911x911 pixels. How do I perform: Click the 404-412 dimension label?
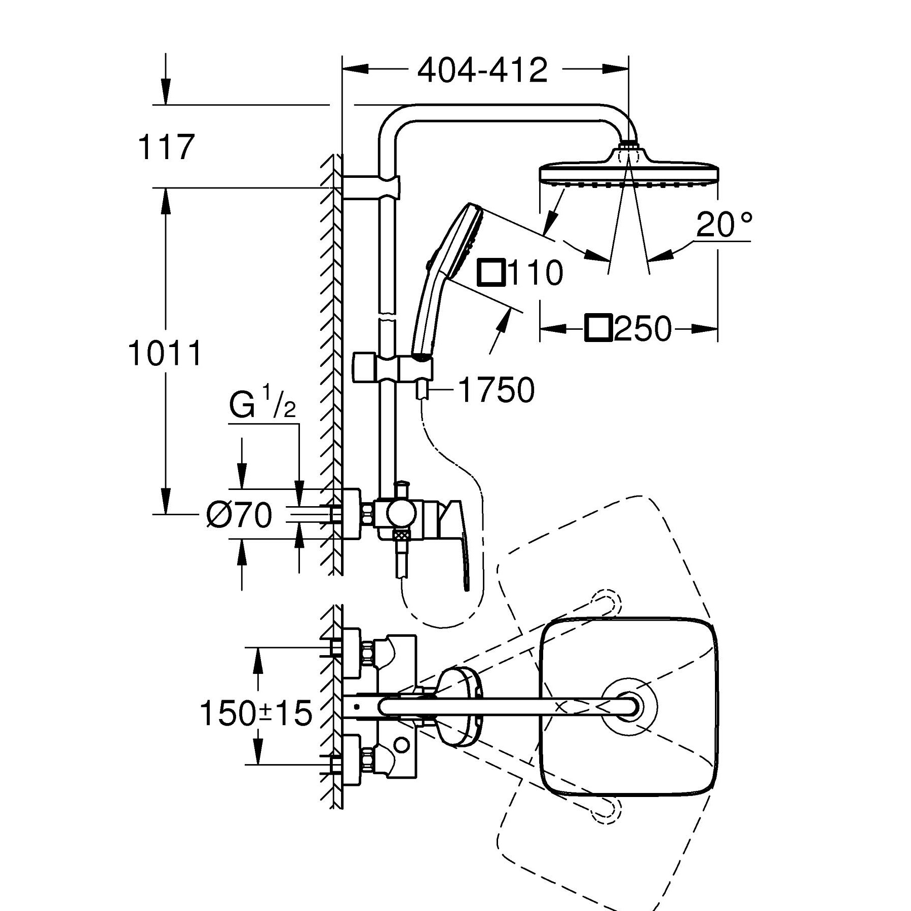[482, 70]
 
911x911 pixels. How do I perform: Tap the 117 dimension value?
[166, 147]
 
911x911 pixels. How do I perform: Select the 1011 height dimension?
[165, 353]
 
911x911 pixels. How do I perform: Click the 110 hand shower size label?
[535, 272]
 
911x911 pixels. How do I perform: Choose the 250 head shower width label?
[642, 328]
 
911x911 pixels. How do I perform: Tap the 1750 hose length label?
[496, 390]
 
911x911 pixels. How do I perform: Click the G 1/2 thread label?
[262, 404]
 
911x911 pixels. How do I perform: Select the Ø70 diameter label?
[239, 515]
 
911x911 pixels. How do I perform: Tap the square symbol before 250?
[599, 328]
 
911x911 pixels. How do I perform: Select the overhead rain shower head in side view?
[629, 167]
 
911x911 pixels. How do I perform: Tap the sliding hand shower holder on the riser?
[393, 368]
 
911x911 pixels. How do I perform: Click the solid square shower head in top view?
[629, 706]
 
